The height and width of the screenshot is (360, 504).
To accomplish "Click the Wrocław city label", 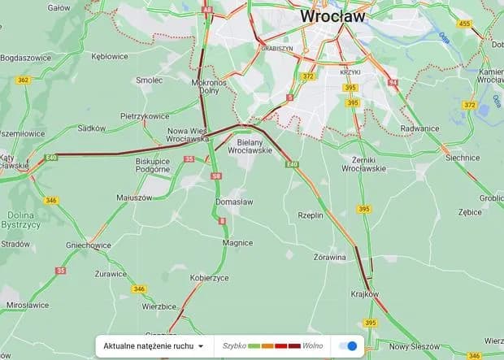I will [332, 15].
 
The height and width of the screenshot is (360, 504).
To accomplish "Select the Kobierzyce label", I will [210, 278].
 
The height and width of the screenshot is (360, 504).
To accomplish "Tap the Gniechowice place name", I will [89, 245].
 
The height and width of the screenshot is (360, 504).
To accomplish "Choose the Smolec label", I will [150, 80].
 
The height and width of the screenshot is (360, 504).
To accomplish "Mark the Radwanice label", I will [419, 128].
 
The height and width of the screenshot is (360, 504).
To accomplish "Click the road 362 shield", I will [23, 80].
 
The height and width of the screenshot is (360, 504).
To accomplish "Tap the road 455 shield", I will [465, 24].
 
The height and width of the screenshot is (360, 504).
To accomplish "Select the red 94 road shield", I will [393, 83].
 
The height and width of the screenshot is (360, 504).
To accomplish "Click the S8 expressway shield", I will [215, 176].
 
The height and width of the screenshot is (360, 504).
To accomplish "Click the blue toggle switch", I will [348, 345].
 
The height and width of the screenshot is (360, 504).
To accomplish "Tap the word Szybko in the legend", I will [234, 345].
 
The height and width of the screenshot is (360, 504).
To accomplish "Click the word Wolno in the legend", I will [313, 345].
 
